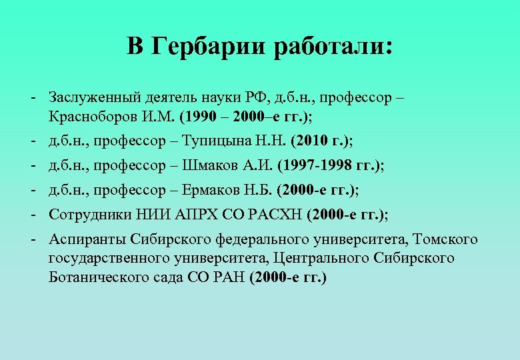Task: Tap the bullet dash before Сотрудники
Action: click(x=32, y=214)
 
